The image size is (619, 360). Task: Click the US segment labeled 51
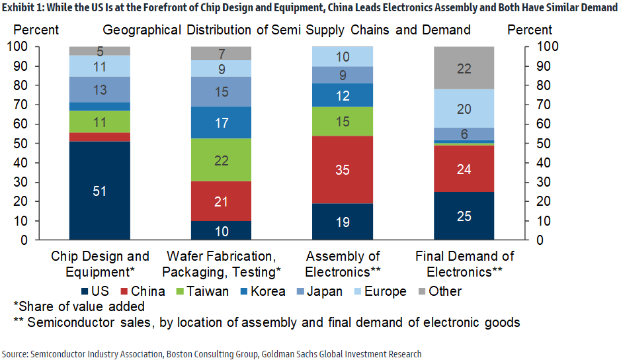99,191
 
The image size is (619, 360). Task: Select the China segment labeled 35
343,169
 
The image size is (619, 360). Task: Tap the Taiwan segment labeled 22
221,159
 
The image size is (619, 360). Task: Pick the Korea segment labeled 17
221,122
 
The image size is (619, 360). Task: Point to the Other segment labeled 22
464,67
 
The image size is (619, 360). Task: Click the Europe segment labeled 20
464,109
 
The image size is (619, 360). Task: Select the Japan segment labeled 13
99,89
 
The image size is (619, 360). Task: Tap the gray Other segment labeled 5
99,51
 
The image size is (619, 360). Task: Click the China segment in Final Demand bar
464,169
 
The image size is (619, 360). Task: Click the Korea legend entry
263,291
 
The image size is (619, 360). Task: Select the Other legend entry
440,291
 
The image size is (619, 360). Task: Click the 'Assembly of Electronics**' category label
343,263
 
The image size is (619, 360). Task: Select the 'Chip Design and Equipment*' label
99,263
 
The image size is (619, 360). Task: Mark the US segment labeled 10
221,230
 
